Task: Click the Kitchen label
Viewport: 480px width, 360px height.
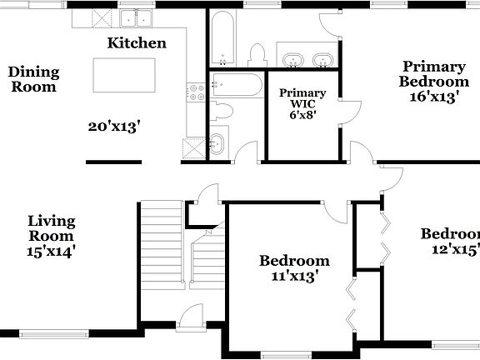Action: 137,42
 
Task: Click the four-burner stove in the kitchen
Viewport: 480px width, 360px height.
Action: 197,91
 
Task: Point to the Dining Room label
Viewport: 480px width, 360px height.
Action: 33,78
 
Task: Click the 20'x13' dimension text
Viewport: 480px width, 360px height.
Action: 113,127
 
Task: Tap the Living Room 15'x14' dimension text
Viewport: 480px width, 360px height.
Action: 51,250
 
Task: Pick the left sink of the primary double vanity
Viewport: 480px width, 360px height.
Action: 293,60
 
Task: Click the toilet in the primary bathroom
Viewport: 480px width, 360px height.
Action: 257,57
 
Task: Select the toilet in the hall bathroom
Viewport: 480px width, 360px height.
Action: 222,111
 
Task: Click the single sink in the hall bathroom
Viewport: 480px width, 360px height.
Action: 217,143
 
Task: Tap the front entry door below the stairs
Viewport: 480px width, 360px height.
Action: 191,317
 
